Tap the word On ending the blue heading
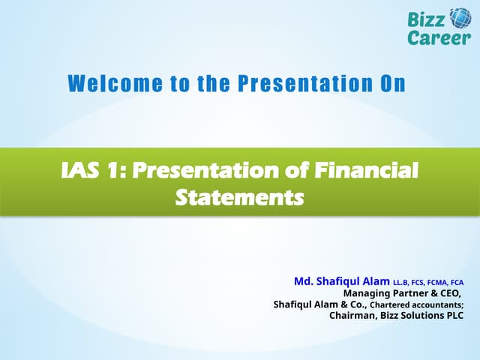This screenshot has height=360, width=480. (391, 84)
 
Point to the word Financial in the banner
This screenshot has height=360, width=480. (373, 172)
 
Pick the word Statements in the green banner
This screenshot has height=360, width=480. (239, 197)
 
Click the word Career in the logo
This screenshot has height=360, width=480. (439, 37)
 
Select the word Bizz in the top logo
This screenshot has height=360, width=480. (426, 19)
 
